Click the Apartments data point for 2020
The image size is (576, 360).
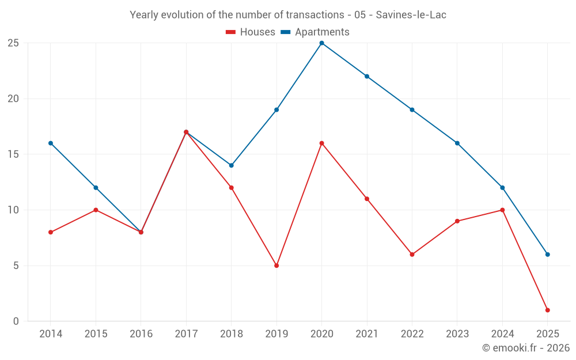point(321,43)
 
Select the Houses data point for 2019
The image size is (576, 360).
point(276,266)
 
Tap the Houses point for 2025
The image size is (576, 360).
point(547,310)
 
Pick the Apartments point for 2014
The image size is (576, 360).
point(51,143)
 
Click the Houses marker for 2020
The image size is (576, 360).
point(321,143)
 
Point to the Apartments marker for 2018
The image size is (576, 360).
point(231,165)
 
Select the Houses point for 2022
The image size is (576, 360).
point(412,255)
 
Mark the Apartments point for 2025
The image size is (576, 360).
point(547,255)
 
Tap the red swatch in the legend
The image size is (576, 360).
point(230,32)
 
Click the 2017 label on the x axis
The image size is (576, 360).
point(186,334)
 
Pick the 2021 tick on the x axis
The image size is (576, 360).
point(366,334)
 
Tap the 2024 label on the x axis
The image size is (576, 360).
point(502,334)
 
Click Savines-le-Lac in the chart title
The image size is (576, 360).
point(411,15)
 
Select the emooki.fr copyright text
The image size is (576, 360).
point(526,348)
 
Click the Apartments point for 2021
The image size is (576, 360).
point(366,77)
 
